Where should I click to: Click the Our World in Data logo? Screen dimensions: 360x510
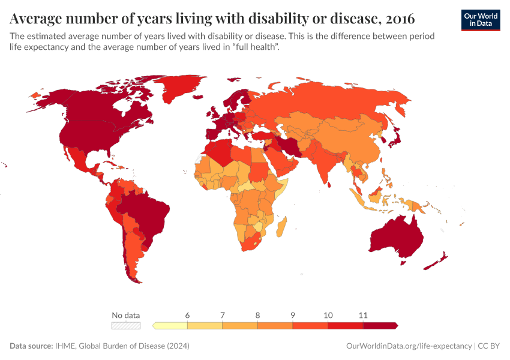pos(480,20)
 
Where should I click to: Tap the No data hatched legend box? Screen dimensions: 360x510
pos(126,325)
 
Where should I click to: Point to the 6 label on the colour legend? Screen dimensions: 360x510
pos(188,315)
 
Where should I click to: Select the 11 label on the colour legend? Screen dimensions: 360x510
pos(363,315)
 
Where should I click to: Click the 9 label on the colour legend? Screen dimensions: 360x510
pos(293,315)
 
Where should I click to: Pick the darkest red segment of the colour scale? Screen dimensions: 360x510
pos(380,325)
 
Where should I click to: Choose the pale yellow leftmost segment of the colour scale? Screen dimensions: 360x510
pos(171,325)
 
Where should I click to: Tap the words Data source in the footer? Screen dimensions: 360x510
pos(31,346)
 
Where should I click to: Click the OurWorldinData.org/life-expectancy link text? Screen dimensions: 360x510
pos(409,346)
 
